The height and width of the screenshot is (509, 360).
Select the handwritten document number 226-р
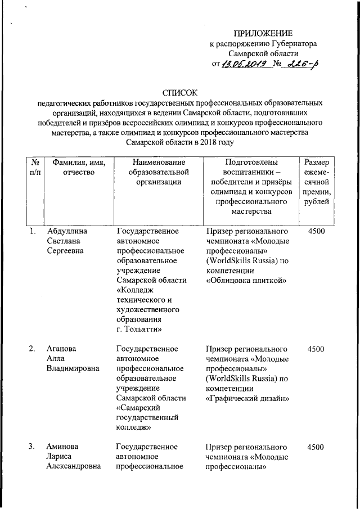coord(301,64)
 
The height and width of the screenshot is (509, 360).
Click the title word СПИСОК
coord(180,93)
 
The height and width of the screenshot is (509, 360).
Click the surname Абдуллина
coord(66,231)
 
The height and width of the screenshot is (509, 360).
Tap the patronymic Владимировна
coord(73,369)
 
